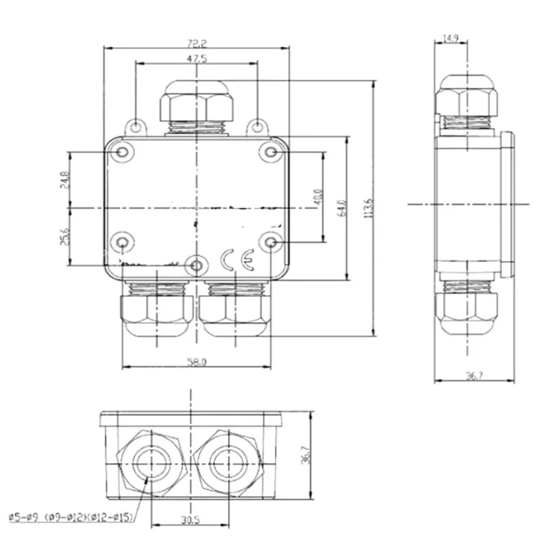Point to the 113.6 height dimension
click(363, 208)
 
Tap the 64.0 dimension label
click(342, 207)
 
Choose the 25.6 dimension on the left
click(66, 236)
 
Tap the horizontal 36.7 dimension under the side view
click(474, 377)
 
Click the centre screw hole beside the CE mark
click(195, 265)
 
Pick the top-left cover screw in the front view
click(123, 153)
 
